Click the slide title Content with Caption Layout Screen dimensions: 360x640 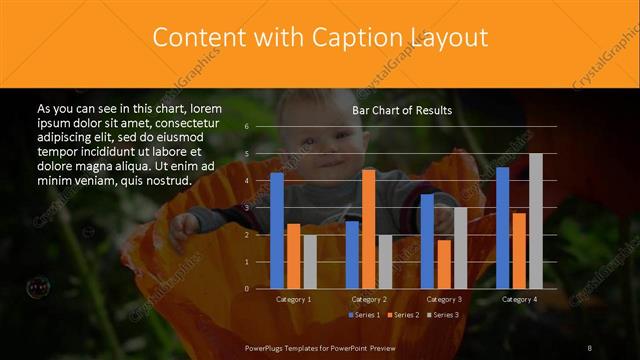[x=320, y=38]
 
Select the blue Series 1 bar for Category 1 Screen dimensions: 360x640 [x=277, y=230]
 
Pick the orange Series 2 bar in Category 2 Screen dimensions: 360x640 [x=368, y=229]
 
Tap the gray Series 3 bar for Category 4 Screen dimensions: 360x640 [x=535, y=221]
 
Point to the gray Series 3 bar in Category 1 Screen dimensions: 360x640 [x=310, y=262]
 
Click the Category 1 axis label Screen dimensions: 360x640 [x=293, y=299]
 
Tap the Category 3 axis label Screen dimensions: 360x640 [x=443, y=299]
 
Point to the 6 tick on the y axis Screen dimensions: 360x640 [x=246, y=127]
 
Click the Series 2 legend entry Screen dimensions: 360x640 [x=402, y=315]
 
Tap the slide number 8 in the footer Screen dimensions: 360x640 [x=589, y=347]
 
